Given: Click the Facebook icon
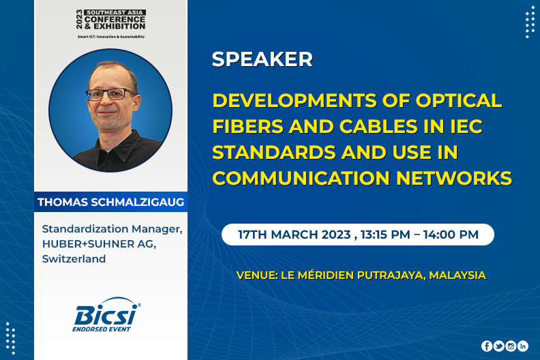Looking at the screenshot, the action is point(487,346).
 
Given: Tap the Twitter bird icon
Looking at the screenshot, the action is point(498,346).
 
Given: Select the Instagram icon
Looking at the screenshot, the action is point(511,346).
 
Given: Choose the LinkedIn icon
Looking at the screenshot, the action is point(523,346).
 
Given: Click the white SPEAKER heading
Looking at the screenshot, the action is point(262,59).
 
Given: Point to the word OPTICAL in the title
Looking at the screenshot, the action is point(459,101).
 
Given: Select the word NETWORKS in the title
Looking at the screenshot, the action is point(454,178).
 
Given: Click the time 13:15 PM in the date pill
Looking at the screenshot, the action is point(385,235).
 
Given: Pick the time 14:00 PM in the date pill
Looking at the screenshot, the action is point(451,235).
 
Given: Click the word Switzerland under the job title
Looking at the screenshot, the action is point(74,258).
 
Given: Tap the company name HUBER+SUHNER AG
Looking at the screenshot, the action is point(99,244).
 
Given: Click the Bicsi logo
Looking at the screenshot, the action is point(106,315).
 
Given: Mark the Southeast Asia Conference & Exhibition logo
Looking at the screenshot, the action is point(111,23).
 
